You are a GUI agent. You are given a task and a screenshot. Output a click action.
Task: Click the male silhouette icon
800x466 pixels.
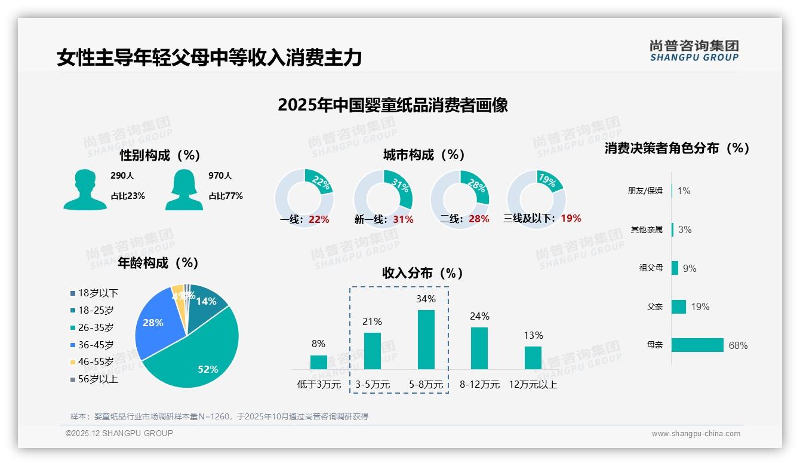coord(85,189)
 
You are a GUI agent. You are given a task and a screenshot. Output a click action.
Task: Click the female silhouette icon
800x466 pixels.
coord(184,189)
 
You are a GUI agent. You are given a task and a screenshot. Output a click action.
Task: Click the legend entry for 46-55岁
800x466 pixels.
coord(96,362)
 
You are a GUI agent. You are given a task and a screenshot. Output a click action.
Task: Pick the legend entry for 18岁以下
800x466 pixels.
coord(98,293)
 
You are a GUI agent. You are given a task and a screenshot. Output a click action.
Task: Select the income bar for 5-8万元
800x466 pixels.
coord(426,339)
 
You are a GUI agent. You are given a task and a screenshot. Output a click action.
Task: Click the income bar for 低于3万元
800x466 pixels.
coord(318,362)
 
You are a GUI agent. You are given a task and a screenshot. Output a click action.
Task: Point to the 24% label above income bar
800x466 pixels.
coord(479,316)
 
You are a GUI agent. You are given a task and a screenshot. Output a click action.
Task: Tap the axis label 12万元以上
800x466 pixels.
coord(533,385)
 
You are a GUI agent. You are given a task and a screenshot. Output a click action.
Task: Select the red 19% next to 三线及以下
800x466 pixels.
coord(571,218)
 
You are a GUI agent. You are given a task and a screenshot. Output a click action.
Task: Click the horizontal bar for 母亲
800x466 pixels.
coord(697,345)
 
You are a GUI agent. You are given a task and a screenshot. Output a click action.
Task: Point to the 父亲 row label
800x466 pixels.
coord(655,306)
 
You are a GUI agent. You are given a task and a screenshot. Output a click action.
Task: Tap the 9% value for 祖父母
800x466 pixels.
coord(690,268)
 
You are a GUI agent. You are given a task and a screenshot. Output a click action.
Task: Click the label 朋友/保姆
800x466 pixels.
coord(645,191)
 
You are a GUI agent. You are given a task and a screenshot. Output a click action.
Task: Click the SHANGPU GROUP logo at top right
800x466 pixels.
coord(694,51)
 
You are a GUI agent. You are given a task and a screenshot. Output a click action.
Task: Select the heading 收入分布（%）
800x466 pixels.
coord(423,273)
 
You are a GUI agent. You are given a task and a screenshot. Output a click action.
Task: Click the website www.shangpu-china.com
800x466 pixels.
coord(696,434)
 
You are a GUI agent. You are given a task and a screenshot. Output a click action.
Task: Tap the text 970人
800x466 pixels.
coord(220,176)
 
